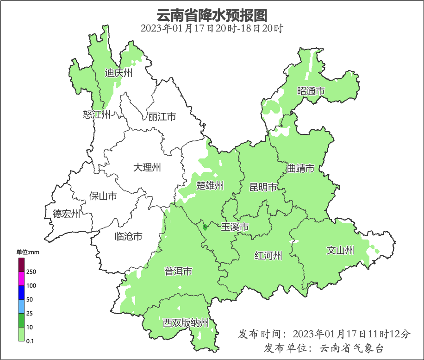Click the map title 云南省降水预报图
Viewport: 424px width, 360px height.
point(212,15)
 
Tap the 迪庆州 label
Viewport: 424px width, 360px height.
point(118,73)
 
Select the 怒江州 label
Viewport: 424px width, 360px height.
point(97,114)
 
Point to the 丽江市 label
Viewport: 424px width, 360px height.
point(162,117)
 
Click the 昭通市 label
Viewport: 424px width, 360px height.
point(311,91)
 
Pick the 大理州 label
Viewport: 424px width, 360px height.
point(147,167)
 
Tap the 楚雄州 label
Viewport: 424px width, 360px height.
point(210,186)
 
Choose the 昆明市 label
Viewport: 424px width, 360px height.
point(263,187)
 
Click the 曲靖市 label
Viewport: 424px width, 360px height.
point(300,168)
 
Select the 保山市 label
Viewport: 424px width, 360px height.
point(103,196)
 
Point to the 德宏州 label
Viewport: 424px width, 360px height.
point(66,214)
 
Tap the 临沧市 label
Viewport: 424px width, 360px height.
point(128,236)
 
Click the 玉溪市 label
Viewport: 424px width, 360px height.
point(235,227)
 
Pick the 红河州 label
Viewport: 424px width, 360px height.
point(268,255)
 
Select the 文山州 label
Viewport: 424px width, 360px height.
point(340,251)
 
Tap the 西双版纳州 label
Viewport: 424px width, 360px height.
point(186,322)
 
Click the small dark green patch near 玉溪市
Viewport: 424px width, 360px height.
point(205,227)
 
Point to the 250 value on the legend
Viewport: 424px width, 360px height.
point(31,272)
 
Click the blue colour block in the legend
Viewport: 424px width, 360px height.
point(21,292)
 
